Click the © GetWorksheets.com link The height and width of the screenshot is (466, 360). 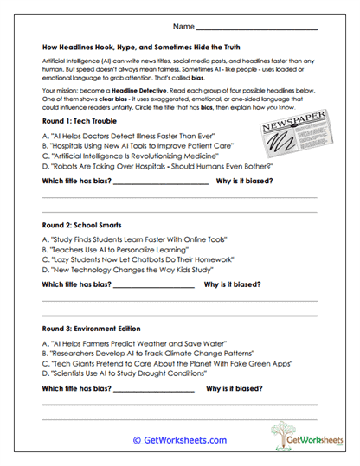tap(179, 440)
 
